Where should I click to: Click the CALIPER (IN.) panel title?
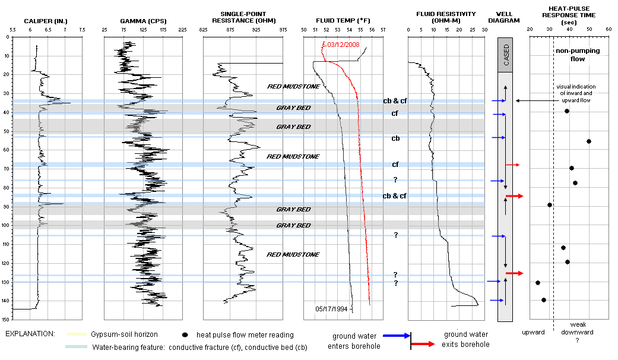[x=46, y=22]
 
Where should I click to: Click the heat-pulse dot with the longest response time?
[x=589, y=141]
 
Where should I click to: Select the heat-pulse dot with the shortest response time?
[x=538, y=283]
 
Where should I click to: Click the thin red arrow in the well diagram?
[x=512, y=165]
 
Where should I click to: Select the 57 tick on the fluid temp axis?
[x=382, y=29]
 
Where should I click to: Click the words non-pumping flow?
[x=578, y=55]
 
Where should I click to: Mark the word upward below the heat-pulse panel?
[x=533, y=332]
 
